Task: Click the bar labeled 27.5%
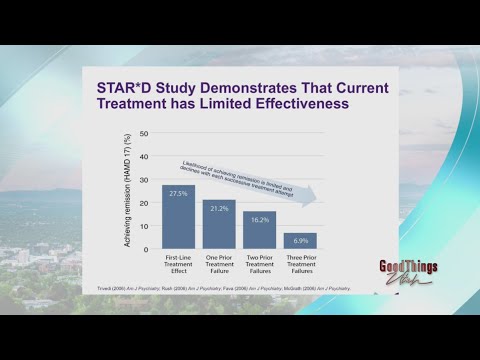click(178, 216)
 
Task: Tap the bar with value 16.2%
click(259, 229)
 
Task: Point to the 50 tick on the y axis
click(144, 133)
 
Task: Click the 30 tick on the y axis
click(144, 180)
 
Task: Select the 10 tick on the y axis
click(144, 226)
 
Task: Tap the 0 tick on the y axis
click(146, 249)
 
